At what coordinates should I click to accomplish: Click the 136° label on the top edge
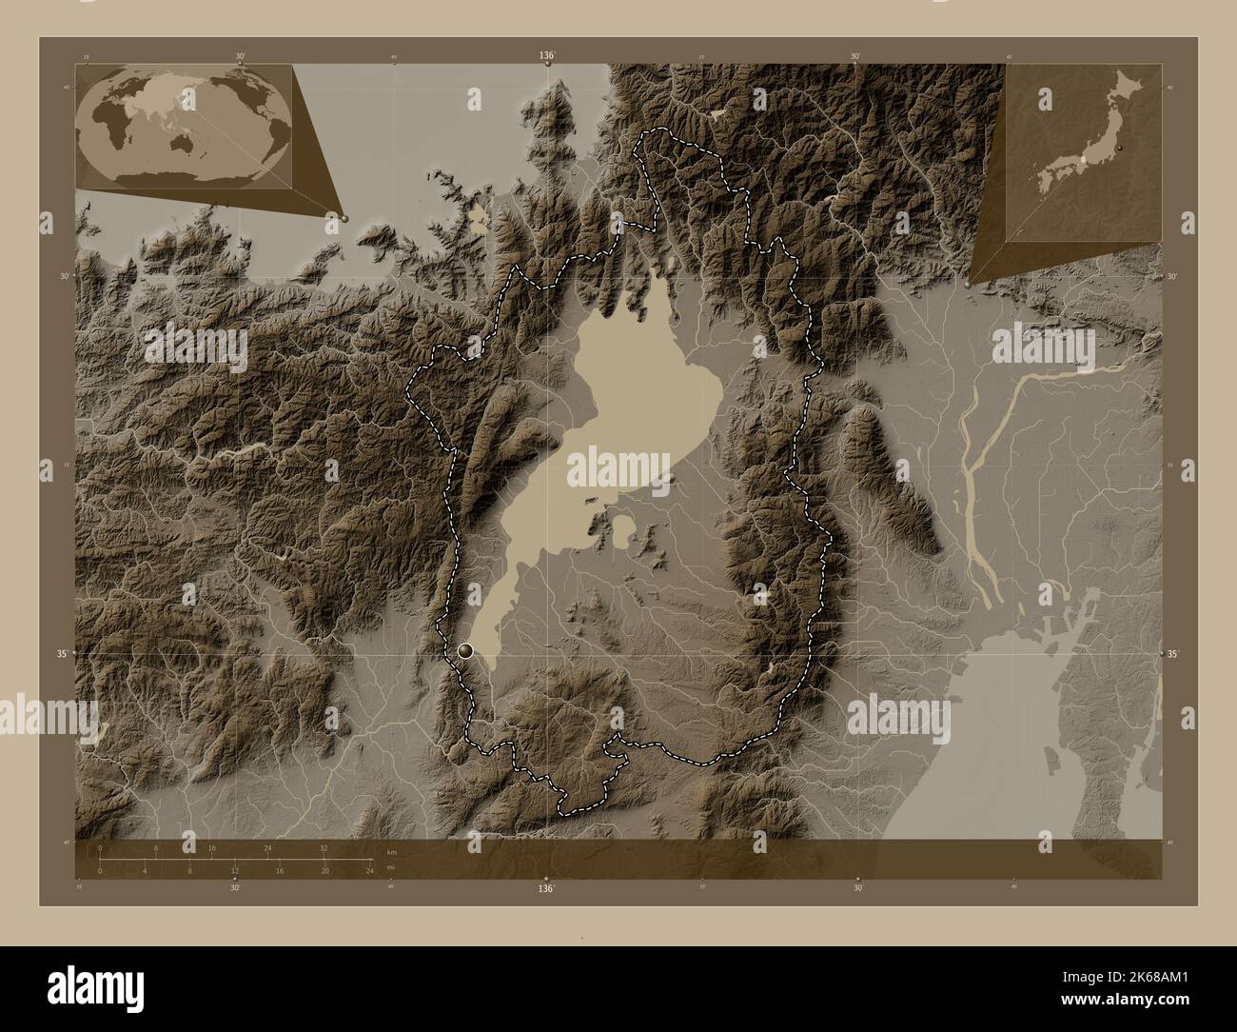[546, 56]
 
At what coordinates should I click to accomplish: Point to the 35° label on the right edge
[1172, 654]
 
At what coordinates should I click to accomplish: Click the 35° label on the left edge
[60, 654]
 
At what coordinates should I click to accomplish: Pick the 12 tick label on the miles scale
[234, 871]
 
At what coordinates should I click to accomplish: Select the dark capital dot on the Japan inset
[1121, 149]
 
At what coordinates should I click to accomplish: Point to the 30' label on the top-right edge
[856, 56]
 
